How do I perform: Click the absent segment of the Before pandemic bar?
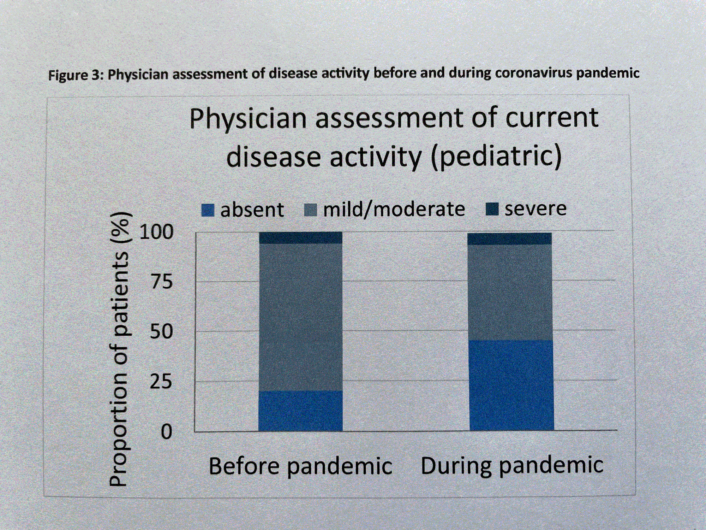(300, 411)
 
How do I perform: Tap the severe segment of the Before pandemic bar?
(300, 238)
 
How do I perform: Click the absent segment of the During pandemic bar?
(511, 385)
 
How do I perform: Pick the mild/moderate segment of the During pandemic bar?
(510, 292)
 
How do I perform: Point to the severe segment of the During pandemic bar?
(509, 239)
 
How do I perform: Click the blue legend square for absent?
(208, 210)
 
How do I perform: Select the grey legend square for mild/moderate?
(310, 210)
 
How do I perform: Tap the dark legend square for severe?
(492, 209)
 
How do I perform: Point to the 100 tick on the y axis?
(156, 232)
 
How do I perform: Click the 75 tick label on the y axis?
(162, 282)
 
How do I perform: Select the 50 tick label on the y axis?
(161, 332)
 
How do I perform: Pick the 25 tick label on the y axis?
(161, 382)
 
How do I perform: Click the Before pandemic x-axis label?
(300, 466)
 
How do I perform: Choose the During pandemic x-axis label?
(512, 465)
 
